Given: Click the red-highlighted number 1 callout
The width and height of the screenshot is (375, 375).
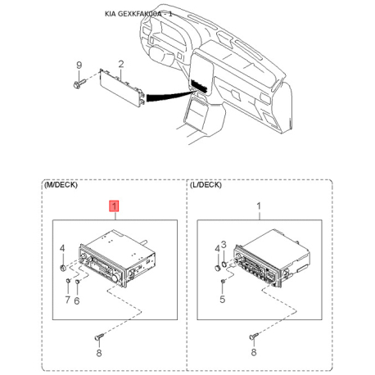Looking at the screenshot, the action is click(x=114, y=206).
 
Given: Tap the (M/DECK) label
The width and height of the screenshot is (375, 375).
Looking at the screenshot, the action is click(x=61, y=185).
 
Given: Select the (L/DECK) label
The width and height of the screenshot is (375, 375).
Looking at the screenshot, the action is click(x=206, y=185).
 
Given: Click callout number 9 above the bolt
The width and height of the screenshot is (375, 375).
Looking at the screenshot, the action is click(x=79, y=66).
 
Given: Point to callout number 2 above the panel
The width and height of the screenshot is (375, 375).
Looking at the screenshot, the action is click(x=121, y=64).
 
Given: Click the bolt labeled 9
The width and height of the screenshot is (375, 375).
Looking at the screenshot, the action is click(x=79, y=84).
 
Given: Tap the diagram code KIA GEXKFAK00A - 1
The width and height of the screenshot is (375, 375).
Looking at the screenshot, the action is click(x=138, y=14).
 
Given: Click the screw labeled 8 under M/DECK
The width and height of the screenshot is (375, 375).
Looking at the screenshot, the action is click(x=100, y=337).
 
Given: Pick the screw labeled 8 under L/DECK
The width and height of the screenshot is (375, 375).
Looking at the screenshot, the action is click(x=254, y=337).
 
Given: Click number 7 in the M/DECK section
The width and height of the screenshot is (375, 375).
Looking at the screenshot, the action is click(x=68, y=300).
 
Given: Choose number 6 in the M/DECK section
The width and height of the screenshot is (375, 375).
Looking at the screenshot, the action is click(x=77, y=300).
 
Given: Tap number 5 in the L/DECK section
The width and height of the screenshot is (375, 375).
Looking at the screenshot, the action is click(x=223, y=300).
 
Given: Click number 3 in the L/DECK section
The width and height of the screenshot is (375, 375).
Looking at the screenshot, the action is click(x=224, y=245).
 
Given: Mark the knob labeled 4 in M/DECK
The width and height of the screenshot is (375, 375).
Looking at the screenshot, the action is click(x=63, y=268).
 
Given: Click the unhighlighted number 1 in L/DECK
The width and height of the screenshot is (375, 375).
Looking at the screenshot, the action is click(x=259, y=206).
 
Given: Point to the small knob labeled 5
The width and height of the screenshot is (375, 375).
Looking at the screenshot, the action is click(x=223, y=281).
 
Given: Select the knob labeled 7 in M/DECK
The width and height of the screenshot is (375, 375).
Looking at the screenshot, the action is click(x=68, y=280).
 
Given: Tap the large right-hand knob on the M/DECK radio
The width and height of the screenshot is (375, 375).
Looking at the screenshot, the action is click(x=115, y=278).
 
